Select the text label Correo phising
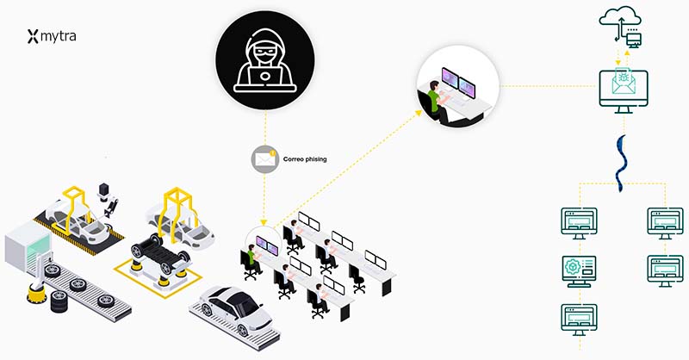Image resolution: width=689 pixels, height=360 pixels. click(x=306, y=159)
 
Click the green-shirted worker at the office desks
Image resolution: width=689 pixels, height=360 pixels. click(x=253, y=257)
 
